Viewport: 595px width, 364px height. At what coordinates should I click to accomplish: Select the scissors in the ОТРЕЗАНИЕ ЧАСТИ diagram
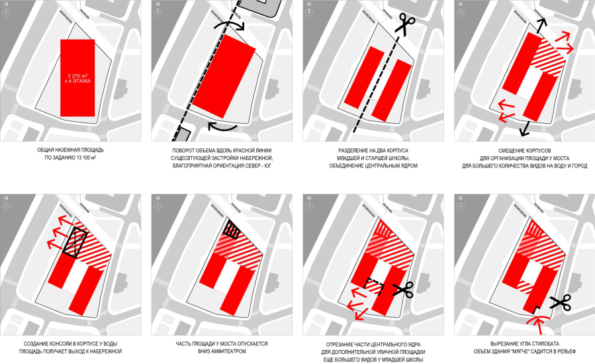[402, 290]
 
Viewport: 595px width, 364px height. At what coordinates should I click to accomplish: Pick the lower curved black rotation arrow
[222, 127]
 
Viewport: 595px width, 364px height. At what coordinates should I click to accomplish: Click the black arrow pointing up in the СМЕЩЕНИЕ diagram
[542, 26]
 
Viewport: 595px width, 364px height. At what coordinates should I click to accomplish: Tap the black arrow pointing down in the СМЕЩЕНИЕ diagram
[526, 128]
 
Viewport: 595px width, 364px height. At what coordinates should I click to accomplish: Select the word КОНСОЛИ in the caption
[56, 344]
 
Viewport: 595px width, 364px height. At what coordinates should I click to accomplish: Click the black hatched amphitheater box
[232, 230]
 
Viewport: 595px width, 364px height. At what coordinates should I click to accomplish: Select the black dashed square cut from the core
[374, 287]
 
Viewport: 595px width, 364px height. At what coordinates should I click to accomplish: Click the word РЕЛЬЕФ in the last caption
[567, 351]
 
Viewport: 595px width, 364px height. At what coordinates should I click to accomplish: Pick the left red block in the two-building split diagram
[364, 77]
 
